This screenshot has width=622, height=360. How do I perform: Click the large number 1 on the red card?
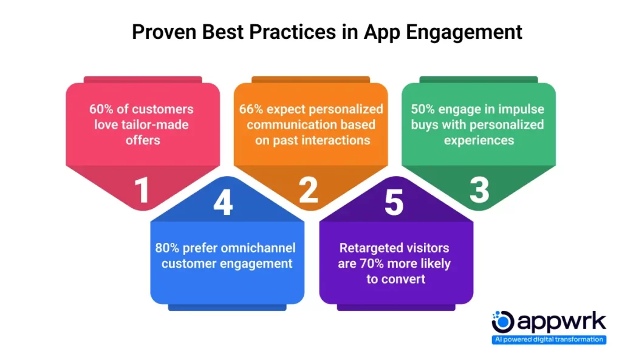click(142, 190)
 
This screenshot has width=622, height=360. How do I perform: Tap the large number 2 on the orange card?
click(309, 190)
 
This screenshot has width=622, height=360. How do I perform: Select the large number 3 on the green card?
click(479, 190)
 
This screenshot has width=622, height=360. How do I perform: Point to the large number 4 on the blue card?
click(223, 202)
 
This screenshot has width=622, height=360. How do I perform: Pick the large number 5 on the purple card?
click(394, 203)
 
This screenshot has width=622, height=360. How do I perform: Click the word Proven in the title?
click(165, 32)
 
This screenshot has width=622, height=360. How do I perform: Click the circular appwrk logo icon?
click(502, 322)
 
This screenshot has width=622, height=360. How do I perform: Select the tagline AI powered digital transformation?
click(549, 339)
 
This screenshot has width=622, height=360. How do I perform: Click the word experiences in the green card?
click(479, 141)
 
